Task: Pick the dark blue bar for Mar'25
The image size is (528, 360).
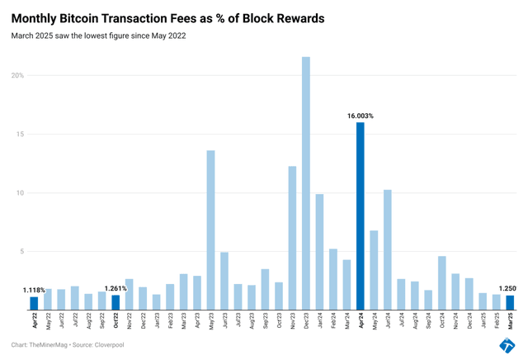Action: (510, 303)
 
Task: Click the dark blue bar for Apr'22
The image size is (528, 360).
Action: (34, 304)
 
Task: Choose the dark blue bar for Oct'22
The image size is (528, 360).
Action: (115, 303)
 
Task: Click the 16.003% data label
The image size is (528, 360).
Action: (361, 116)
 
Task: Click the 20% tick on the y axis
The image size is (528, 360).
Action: (17, 75)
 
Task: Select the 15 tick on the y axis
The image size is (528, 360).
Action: (19, 134)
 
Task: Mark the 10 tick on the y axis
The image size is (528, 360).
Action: (19, 193)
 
